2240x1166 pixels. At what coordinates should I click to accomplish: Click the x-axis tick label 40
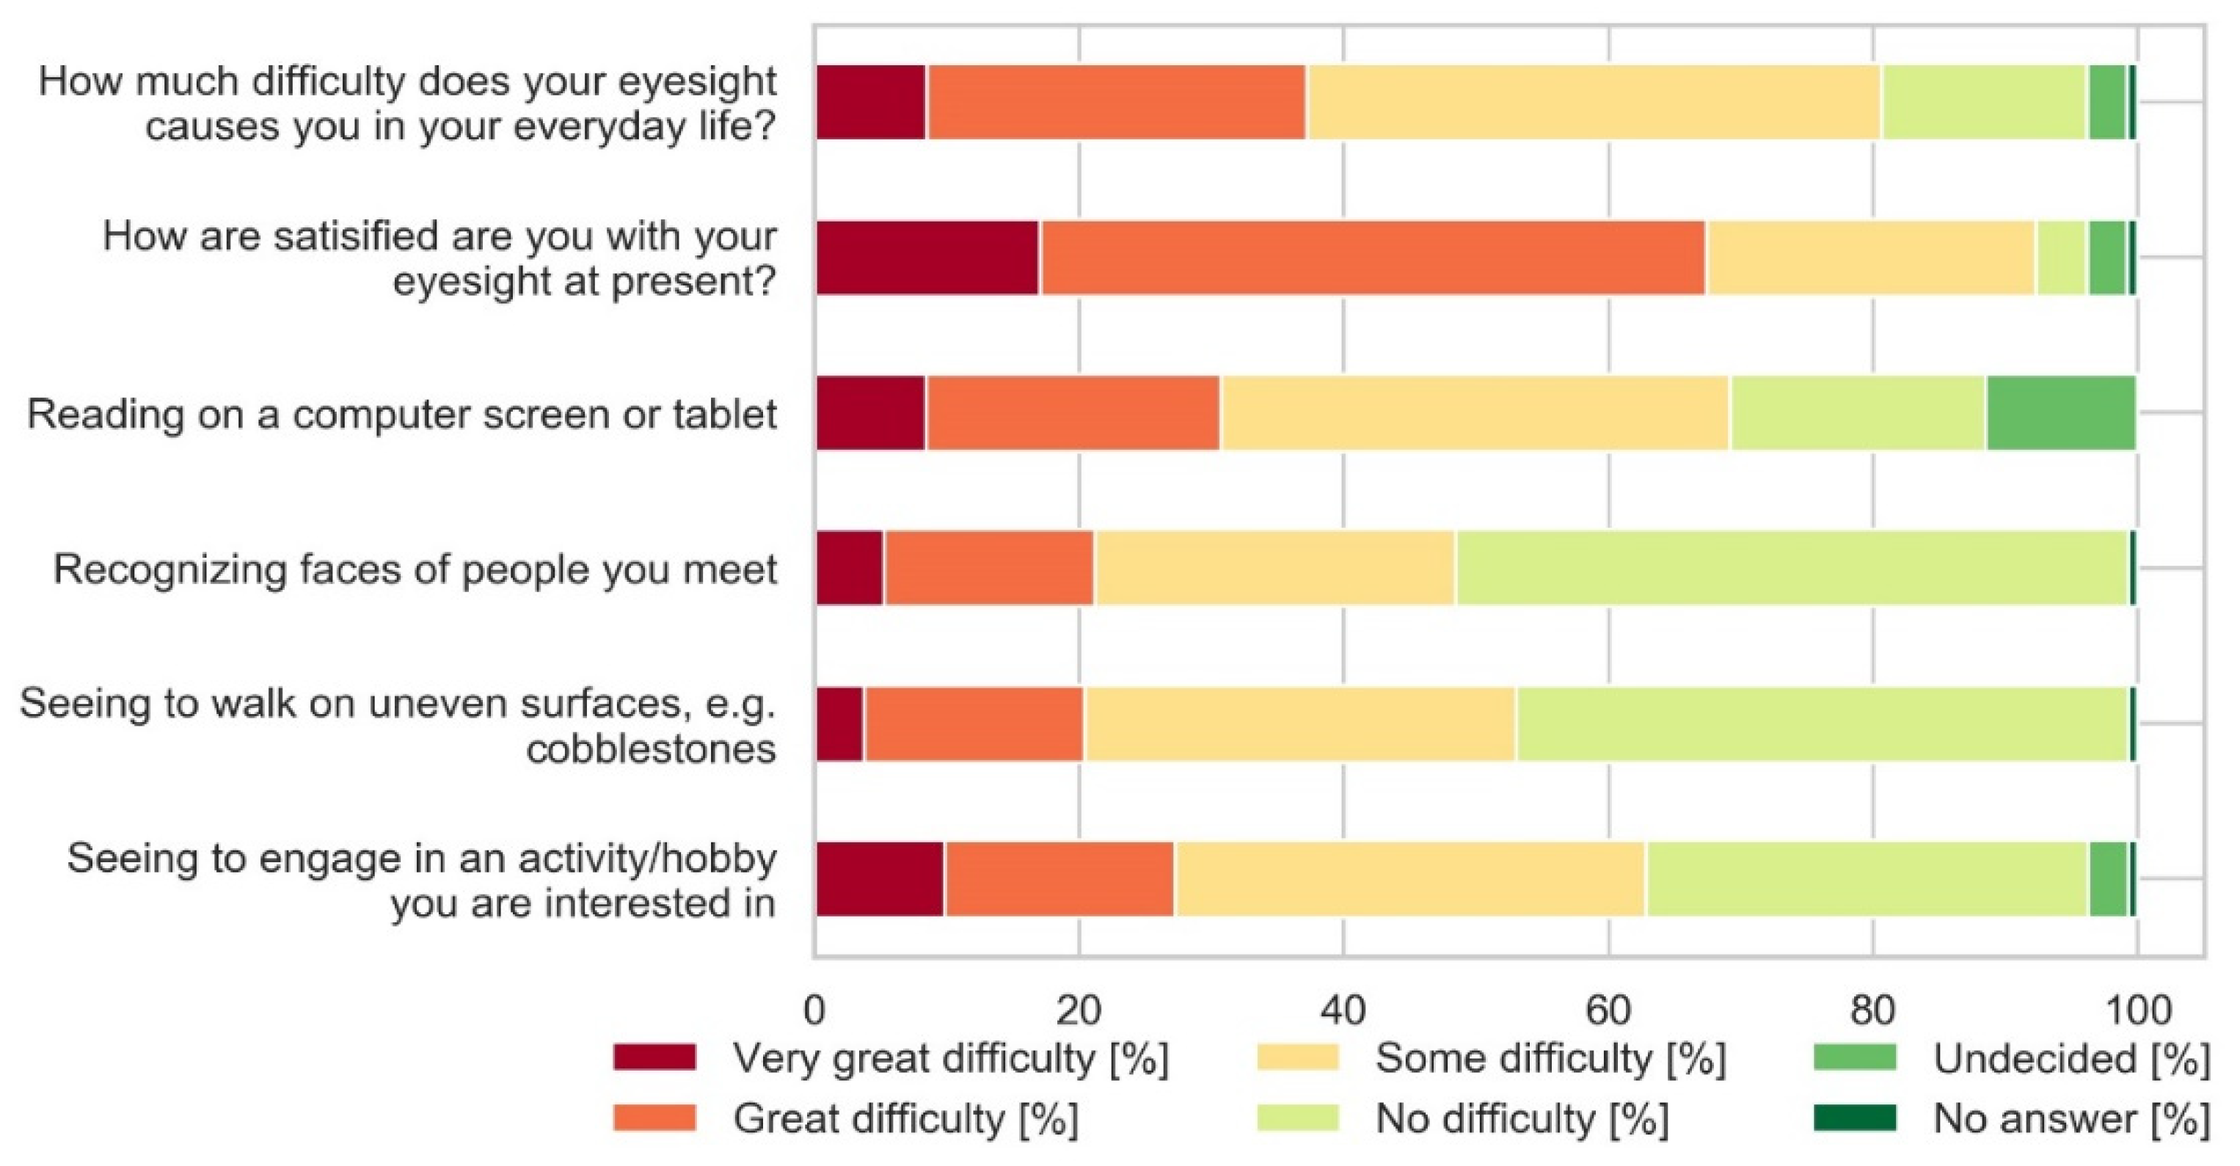click(1343, 1010)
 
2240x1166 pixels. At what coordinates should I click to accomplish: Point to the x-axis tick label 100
click(2137, 1010)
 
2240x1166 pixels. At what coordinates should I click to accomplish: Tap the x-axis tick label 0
click(815, 1010)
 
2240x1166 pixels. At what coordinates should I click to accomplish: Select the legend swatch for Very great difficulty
click(654, 1057)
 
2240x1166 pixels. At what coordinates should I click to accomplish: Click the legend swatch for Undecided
click(1855, 1057)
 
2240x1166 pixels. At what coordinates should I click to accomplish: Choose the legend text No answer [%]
click(2071, 1119)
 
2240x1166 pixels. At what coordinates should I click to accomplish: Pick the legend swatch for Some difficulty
click(1297, 1057)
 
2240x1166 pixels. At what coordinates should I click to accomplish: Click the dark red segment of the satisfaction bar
click(927, 258)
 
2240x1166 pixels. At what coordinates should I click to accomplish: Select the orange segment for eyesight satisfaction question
click(1372, 258)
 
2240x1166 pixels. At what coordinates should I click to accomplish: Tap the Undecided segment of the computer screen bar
click(2060, 413)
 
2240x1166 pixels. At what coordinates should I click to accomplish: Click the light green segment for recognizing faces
click(1791, 569)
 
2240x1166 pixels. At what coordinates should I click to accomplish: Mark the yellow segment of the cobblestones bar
click(1299, 724)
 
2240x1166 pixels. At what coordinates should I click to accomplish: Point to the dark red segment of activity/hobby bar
click(880, 879)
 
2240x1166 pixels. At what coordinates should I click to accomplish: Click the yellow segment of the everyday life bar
click(1593, 103)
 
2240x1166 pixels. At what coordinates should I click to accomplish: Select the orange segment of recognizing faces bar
click(989, 569)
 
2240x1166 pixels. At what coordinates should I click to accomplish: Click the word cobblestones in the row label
click(651, 748)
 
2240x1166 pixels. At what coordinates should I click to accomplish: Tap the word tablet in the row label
click(724, 414)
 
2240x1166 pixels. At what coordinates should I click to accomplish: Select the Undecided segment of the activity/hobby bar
click(2107, 879)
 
